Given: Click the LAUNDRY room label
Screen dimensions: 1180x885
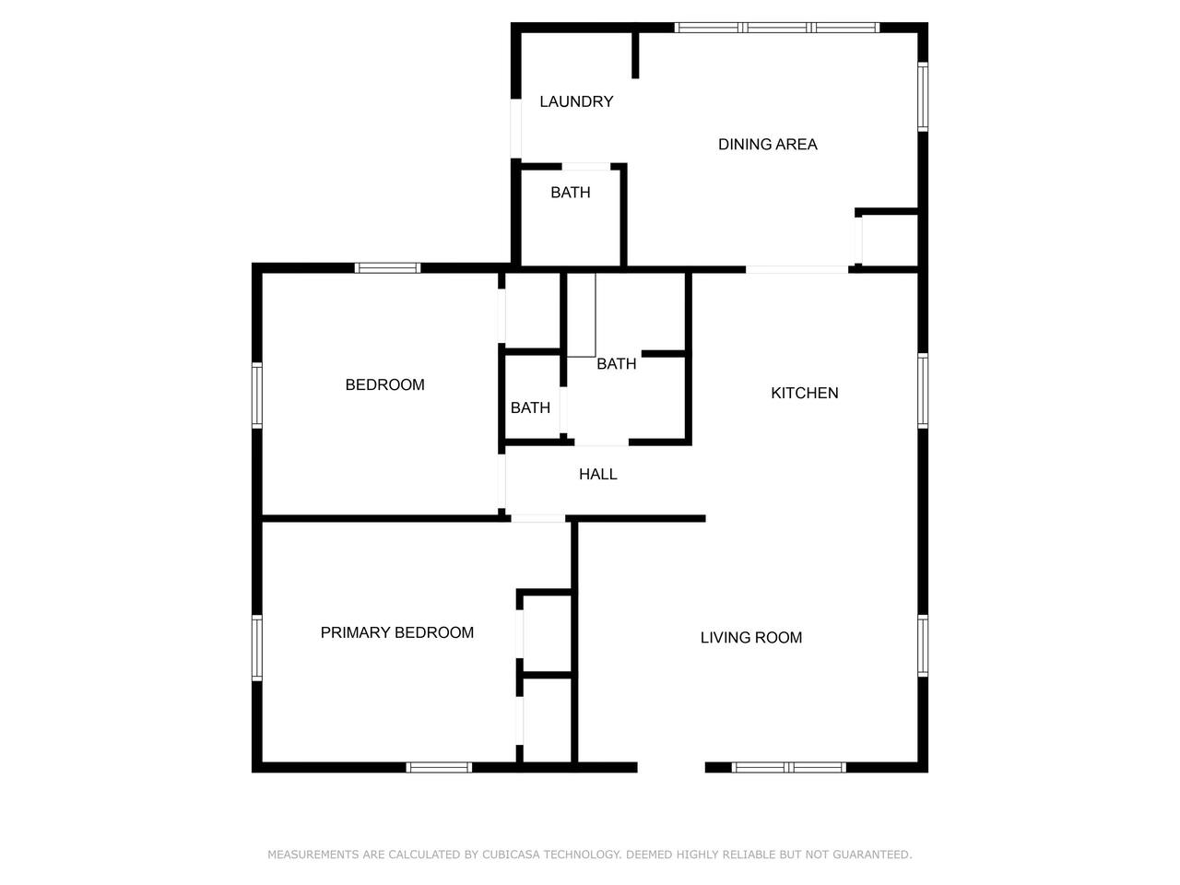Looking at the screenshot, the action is pos(576,101).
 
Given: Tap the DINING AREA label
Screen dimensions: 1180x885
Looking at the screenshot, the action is pos(767,144).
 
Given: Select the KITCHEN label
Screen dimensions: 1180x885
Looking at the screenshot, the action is pos(804,393).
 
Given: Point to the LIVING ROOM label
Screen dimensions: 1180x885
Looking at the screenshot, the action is pos(750,637).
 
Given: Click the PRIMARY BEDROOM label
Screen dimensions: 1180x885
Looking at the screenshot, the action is pos(396,632).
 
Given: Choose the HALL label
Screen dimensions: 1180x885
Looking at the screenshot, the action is pos(597,474).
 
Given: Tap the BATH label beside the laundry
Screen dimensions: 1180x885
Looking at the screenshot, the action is pos(570,193).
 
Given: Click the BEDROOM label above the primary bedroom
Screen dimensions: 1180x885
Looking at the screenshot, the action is pos(384,384).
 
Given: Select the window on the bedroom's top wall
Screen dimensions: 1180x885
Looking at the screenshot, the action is pos(387,267).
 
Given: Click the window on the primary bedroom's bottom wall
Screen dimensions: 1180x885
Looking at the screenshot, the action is pos(439,767).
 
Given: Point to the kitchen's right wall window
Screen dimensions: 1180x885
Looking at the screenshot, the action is pos(923,391).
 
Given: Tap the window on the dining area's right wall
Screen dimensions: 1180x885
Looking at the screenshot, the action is pos(923,97).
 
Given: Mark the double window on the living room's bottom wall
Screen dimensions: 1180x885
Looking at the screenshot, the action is pos(788,767).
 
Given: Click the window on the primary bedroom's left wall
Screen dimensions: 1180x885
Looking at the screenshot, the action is pos(257,647).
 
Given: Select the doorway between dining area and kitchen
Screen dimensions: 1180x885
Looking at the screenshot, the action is pos(796,269).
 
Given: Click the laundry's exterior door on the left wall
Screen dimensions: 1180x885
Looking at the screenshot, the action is pos(515,129).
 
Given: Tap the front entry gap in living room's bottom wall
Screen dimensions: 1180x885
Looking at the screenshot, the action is pos(671,767).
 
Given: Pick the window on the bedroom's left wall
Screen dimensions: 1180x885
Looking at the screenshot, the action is pos(257,395).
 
